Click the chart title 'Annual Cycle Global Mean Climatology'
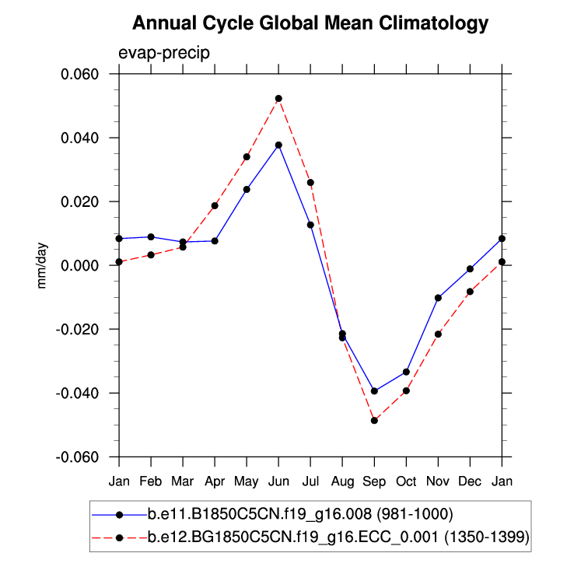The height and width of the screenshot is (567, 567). point(310,23)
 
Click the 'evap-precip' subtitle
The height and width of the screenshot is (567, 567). point(164,53)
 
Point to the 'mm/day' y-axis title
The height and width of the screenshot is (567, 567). point(42,265)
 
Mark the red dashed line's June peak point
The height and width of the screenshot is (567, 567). point(278,99)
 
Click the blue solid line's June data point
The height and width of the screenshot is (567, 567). point(278,145)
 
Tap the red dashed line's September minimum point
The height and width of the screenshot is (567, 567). point(374,420)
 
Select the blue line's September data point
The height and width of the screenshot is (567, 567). point(374,390)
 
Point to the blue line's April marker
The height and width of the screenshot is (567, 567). point(215,241)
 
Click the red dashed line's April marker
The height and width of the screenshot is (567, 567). point(215,205)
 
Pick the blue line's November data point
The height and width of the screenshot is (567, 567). point(438,298)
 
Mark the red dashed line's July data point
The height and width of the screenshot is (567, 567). point(310,183)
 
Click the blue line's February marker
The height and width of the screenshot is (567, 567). point(151,236)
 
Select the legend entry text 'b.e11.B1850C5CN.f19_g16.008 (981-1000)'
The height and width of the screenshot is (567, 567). point(300,514)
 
